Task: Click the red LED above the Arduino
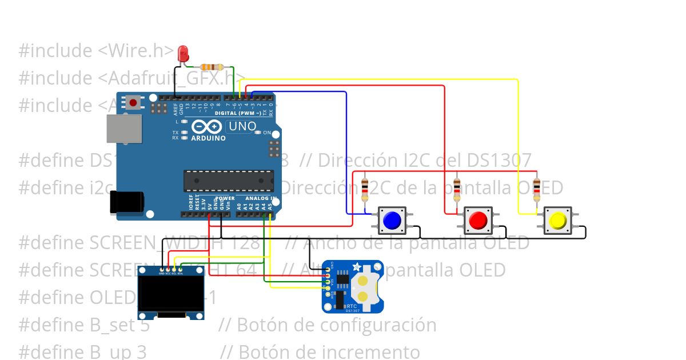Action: pos(183,53)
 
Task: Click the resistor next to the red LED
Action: pos(212,67)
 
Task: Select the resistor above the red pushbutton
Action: pos(456,189)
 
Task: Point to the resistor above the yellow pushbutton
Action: pos(536,189)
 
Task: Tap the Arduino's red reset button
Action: pos(133,103)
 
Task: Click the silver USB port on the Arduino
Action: pos(123,128)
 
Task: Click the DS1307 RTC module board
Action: pos(352,286)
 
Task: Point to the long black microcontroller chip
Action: pos(228,181)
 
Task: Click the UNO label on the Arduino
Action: pos(242,126)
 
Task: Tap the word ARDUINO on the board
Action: pos(208,138)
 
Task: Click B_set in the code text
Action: pos(120,325)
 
